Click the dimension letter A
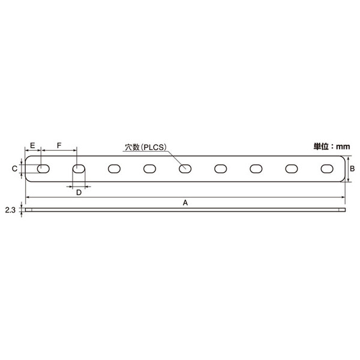tap(185, 203)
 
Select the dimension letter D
tap(79, 192)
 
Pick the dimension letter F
tap(59, 146)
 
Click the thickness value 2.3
tap(10, 210)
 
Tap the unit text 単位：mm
tap(332, 146)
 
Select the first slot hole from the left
tap(43, 169)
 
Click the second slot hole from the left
tap(79, 169)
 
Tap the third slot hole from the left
tap(114, 169)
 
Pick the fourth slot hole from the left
tap(149, 169)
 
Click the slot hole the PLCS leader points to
tap(185, 169)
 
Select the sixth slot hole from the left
tap(221, 169)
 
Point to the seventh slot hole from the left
tap(256, 169)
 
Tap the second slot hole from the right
tap(292, 169)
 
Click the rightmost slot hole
tap(327, 169)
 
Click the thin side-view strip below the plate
tap(185, 211)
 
